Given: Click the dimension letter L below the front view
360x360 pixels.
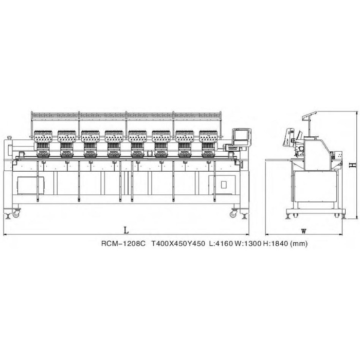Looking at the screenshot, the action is pyautogui.click(x=126, y=230).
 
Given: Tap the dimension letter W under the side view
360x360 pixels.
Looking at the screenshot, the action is pyautogui.click(x=304, y=231).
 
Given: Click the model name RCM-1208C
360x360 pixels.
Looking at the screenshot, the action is pyautogui.click(x=123, y=243).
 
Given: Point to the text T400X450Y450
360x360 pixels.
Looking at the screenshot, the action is pyautogui.click(x=178, y=243).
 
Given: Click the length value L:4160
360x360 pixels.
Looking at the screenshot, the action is pyautogui.click(x=221, y=243).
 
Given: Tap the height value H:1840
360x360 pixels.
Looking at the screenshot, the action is pyautogui.click(x=276, y=243).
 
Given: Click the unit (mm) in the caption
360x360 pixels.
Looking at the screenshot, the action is pyautogui.click(x=299, y=244).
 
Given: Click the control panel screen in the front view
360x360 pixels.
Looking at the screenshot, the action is pyautogui.click(x=241, y=137).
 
